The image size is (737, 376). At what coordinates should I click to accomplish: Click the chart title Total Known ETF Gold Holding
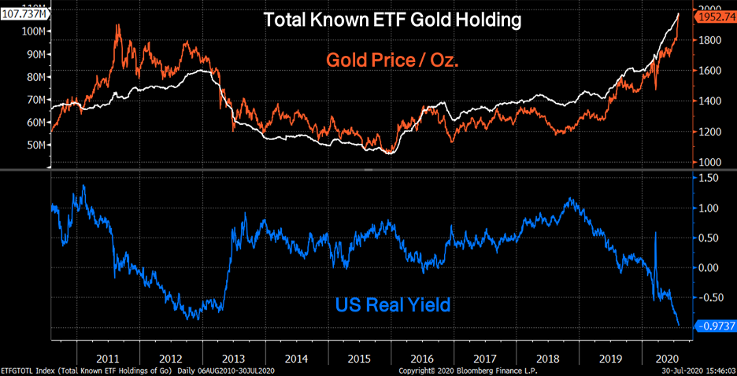pyautogui.click(x=392, y=20)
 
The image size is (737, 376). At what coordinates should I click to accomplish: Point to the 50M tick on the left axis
pyautogui.click(x=35, y=146)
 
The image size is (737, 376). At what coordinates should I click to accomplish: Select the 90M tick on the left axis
pyautogui.click(x=35, y=54)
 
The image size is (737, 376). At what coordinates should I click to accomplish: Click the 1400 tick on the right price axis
pyautogui.click(x=711, y=101)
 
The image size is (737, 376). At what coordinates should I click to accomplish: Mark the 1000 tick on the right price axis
pyautogui.click(x=711, y=162)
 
